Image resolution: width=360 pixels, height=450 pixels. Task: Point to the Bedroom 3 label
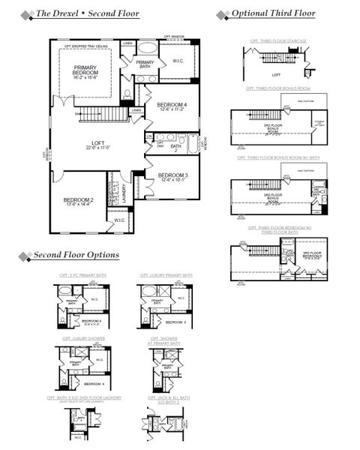click(x=172, y=177)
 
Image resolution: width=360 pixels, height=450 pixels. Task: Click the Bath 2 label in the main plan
click(x=175, y=147)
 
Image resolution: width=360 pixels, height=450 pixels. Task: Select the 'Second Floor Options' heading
click(x=75, y=255)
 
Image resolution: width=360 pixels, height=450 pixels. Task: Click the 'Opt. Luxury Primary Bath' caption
click(x=165, y=275)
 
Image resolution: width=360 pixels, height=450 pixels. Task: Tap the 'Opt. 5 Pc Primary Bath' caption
click(x=83, y=275)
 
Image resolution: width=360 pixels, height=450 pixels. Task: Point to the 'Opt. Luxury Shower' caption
click(x=83, y=338)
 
